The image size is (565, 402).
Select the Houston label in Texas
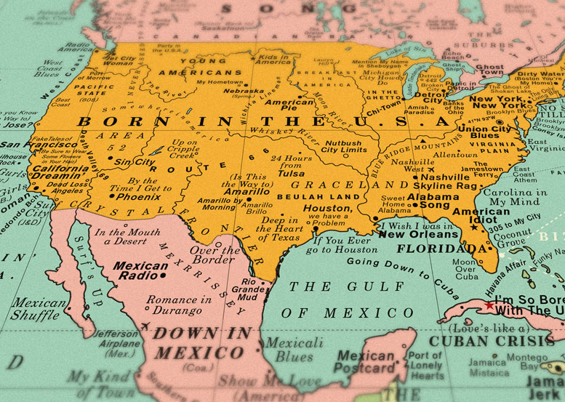click(326, 208)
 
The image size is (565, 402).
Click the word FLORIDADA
click(441, 249)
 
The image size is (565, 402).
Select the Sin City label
click(135, 161)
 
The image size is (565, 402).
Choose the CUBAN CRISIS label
click(491, 340)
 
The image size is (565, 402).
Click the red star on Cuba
click(489, 306)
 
